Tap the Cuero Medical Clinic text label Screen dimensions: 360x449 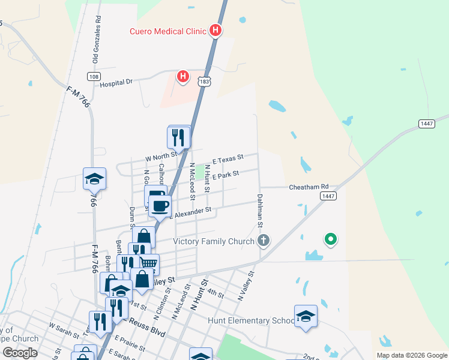(167, 31)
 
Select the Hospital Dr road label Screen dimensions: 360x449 (116, 83)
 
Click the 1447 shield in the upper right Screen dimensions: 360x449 (426, 123)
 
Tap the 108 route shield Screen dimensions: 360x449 (93, 76)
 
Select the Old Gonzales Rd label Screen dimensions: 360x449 (95, 38)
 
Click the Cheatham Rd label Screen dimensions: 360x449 (309, 187)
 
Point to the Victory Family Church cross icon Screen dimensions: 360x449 (263, 242)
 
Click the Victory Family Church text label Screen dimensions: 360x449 (214, 242)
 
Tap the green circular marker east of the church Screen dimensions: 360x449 (330, 240)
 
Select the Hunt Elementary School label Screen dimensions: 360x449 (251, 320)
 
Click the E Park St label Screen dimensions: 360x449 (225, 175)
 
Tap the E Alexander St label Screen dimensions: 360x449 (191, 211)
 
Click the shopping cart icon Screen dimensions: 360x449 (148, 263)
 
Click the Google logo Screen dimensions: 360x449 (20, 353)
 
